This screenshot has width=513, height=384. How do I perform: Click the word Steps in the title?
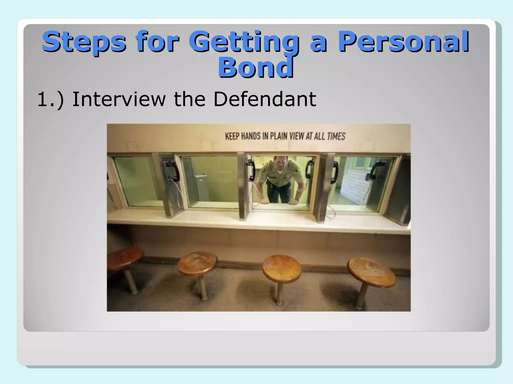[x=84, y=41]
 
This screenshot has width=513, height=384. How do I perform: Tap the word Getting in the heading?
[x=244, y=41]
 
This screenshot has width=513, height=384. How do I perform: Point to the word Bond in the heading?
[x=255, y=67]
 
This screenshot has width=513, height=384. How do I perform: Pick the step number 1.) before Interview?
[x=50, y=99]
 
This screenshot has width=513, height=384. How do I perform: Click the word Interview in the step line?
[x=119, y=99]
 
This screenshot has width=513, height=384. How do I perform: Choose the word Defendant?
[x=265, y=99]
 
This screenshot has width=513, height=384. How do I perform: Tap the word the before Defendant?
[x=190, y=99]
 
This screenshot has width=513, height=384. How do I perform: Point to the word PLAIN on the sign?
[x=278, y=136]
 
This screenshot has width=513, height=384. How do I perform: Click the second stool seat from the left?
[x=197, y=263]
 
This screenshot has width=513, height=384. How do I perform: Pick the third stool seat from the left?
[x=282, y=268]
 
